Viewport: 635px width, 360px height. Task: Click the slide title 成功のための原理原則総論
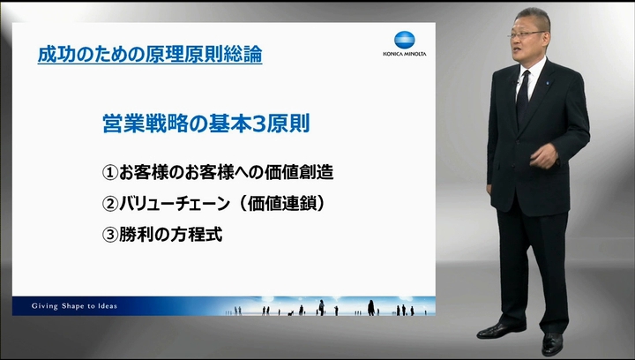click(x=150, y=55)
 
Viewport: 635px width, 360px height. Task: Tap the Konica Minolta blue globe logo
click(x=405, y=40)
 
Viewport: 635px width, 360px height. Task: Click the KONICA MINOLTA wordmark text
click(x=405, y=54)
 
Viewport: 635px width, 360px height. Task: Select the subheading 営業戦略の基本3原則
click(x=206, y=124)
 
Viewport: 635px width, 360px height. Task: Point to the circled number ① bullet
click(x=109, y=173)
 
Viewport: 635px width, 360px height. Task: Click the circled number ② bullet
click(x=109, y=204)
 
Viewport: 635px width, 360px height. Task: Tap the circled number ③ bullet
click(x=109, y=236)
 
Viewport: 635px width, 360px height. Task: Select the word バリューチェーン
click(x=175, y=204)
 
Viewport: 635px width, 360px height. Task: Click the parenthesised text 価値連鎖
click(x=282, y=204)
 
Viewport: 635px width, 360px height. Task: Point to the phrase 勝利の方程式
click(x=170, y=235)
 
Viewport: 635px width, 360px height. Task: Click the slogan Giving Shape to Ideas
click(x=74, y=306)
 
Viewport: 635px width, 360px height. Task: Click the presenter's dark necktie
click(x=522, y=97)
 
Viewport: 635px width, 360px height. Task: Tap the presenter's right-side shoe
click(x=552, y=345)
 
